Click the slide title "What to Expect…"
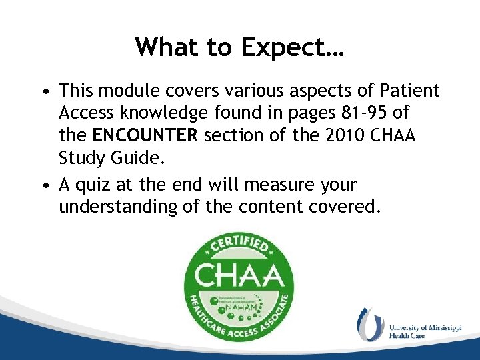point(239,47)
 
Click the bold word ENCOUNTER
point(145,137)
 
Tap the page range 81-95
point(365,113)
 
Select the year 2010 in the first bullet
point(349,137)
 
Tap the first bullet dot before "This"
point(43,91)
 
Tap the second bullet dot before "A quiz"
point(43,185)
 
